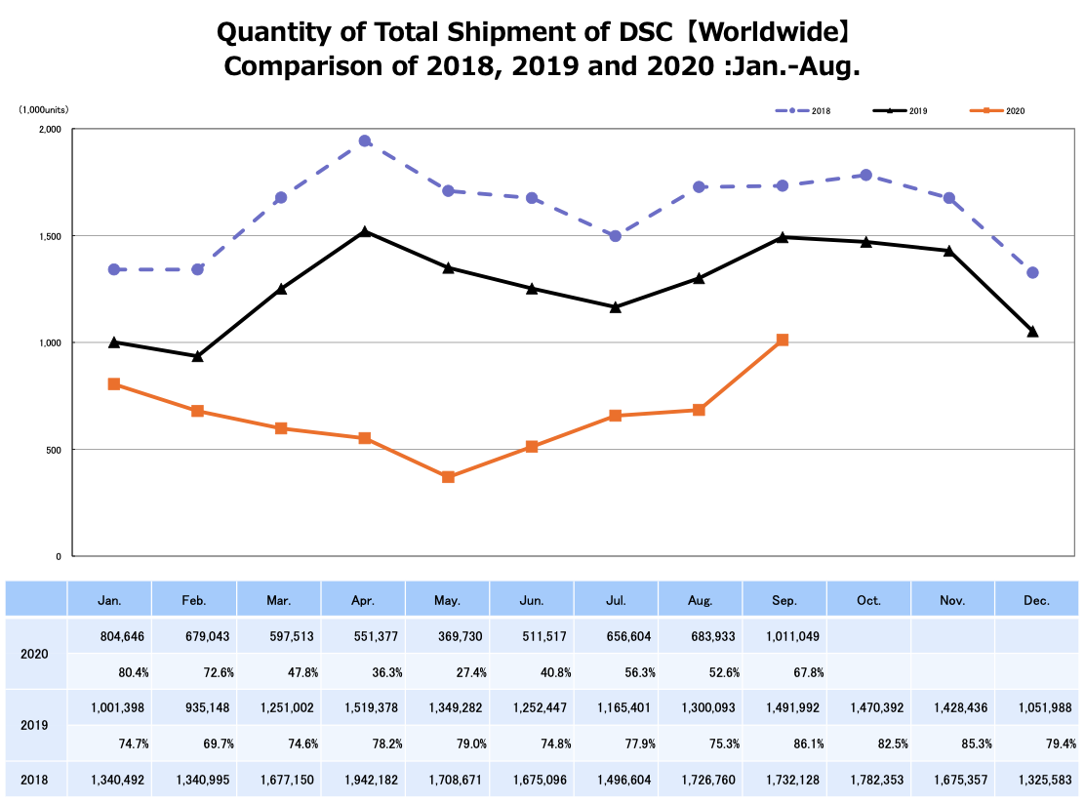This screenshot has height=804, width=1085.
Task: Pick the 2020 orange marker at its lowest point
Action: coord(448,477)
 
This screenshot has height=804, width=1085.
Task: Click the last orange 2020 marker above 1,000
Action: coord(783,341)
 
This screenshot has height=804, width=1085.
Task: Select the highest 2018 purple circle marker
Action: coord(365,141)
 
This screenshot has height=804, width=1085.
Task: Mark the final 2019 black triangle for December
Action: coord(1032,332)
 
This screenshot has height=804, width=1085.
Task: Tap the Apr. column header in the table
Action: coord(363,600)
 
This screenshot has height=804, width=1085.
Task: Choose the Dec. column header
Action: coord(1037,600)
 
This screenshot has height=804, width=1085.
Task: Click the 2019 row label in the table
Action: coord(36,726)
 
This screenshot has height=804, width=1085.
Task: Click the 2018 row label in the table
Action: coord(36,781)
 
